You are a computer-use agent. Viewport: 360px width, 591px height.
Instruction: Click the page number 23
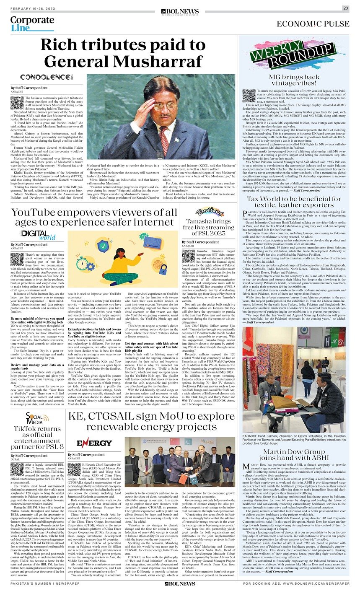tap(345, 8)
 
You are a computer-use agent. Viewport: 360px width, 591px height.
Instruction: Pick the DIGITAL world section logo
tap(36, 235)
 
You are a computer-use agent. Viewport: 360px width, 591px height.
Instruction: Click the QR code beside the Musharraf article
tap(17, 103)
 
